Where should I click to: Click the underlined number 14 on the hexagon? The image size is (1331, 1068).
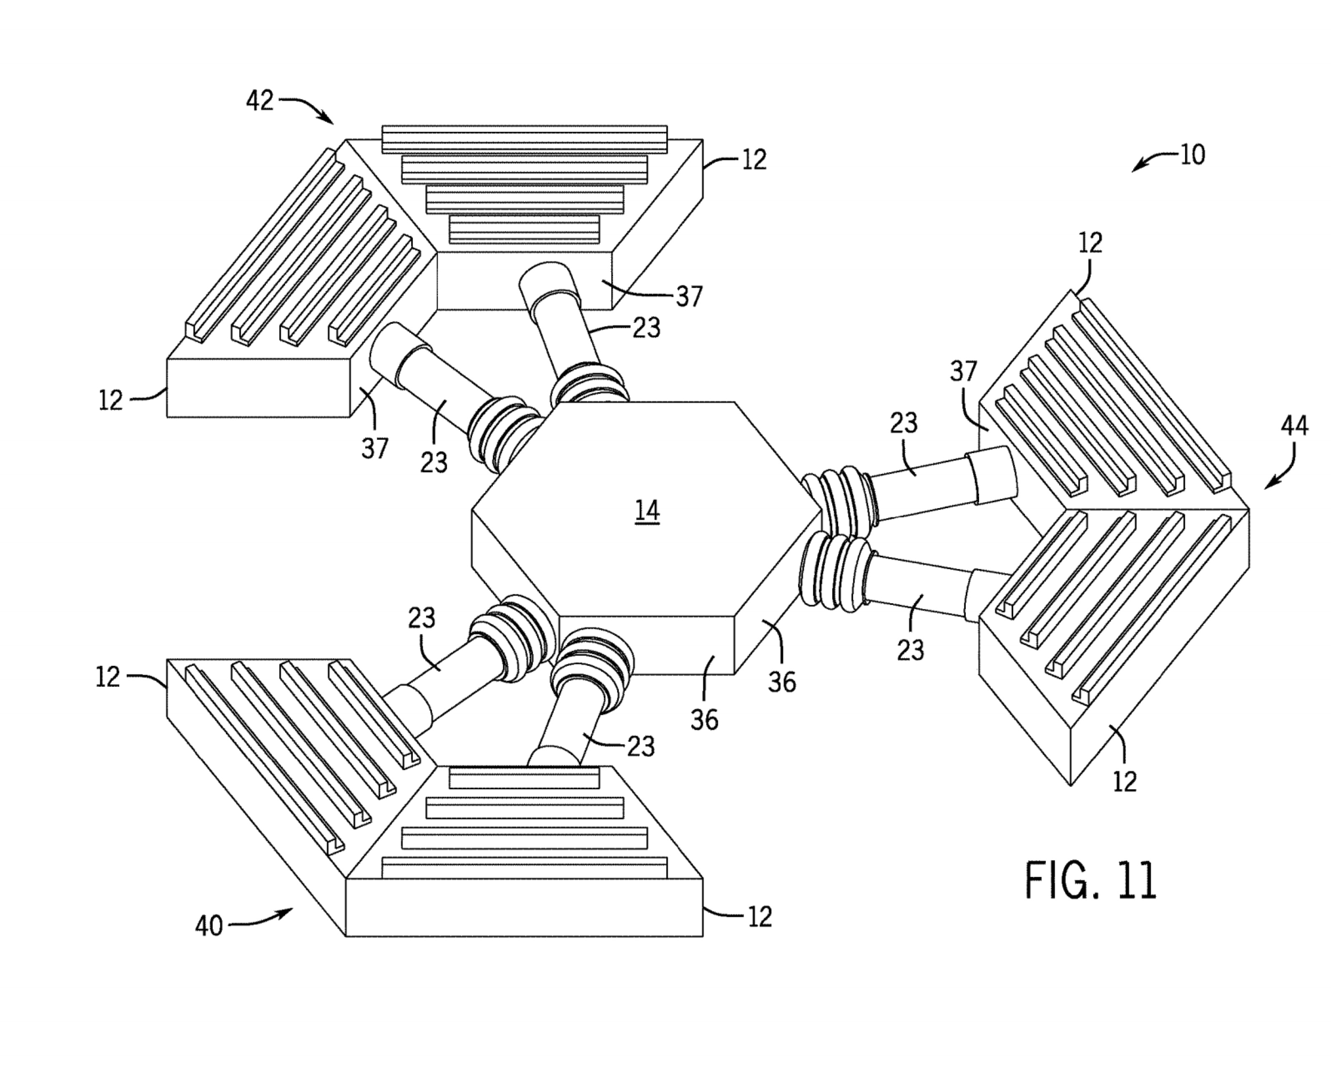[647, 512]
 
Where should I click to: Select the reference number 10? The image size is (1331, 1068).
[1192, 155]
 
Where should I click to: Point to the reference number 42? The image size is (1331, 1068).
[259, 101]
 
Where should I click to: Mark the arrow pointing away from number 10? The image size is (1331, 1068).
[1154, 161]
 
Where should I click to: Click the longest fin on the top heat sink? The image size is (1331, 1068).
[525, 140]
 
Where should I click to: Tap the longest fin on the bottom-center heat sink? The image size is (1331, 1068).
[525, 868]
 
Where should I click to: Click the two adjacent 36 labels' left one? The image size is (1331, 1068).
[704, 720]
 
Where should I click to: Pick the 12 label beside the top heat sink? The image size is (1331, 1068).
[754, 160]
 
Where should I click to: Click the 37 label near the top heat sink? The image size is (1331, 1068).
[689, 297]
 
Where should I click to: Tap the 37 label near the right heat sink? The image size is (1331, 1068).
[964, 371]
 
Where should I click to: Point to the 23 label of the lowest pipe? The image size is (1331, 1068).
[641, 747]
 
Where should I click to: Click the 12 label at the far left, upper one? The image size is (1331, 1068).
[111, 401]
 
